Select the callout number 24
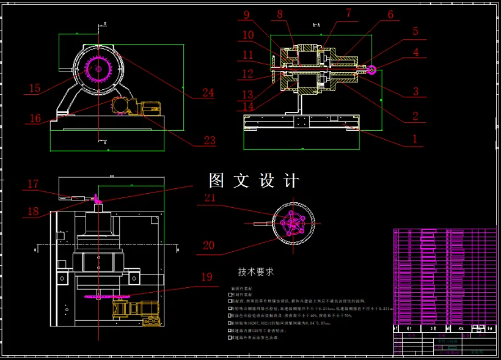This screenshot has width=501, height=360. (208, 93)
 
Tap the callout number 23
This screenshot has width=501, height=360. (210, 141)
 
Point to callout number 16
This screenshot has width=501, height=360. (35, 118)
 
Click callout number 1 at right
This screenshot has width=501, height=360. (415, 139)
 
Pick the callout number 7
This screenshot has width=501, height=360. (348, 12)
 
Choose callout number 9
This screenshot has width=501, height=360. (247, 15)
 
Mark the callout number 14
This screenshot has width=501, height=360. (248, 106)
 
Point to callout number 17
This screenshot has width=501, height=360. (33, 183)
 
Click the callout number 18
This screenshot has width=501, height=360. (33, 211)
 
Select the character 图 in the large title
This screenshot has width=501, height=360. (217, 180)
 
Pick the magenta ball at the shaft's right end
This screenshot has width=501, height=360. (372, 69)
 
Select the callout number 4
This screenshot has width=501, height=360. (415, 53)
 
